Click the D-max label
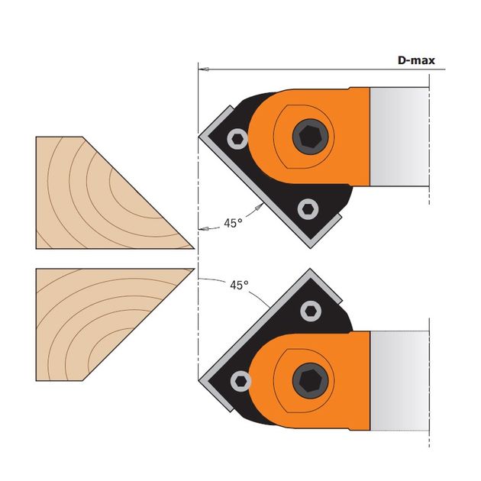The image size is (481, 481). pos(416,60)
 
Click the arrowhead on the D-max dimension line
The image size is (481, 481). pos(204,69)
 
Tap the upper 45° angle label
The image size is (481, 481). pos(233,223)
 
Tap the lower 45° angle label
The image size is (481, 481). pos(239,285)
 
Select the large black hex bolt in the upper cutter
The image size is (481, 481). pos(310,137)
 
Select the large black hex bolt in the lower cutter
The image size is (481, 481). pos(310,381)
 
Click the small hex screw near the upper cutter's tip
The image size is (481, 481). pos(237,139)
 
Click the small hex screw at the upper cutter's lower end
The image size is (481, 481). pos(308,209)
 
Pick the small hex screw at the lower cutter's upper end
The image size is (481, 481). pos(311,311)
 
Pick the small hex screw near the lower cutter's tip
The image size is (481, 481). pos(240,381)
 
